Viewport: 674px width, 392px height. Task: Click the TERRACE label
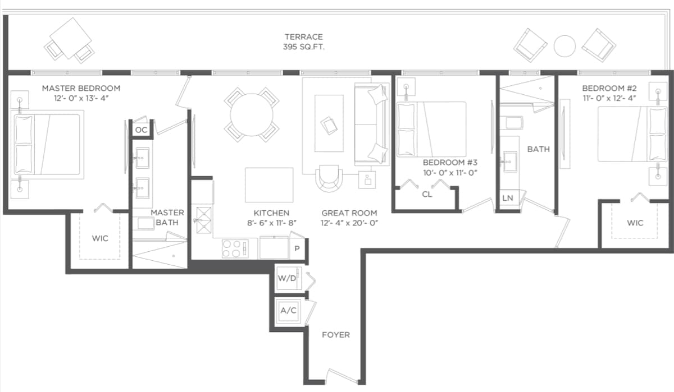click(304, 36)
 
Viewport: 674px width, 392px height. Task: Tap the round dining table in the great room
click(252, 115)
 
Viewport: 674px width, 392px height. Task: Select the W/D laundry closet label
click(287, 278)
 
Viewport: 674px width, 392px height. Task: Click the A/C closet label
click(288, 310)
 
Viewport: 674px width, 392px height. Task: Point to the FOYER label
click(336, 335)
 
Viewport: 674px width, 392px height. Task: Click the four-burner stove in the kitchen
click(235, 248)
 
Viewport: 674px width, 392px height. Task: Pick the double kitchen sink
click(204, 220)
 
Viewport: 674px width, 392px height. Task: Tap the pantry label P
click(297, 249)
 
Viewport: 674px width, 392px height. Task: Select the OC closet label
click(141, 130)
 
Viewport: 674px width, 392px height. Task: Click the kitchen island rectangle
click(269, 185)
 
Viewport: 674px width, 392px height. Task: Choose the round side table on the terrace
click(564, 46)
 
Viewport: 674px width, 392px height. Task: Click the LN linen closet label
click(508, 198)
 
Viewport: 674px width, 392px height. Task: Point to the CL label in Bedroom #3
click(427, 195)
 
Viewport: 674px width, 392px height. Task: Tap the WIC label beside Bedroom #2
click(635, 223)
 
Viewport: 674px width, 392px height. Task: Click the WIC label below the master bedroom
click(100, 238)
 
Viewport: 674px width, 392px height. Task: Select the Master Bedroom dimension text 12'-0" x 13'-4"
click(81, 98)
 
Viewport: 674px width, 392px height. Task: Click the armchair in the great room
click(329, 178)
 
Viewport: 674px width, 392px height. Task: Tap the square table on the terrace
click(71, 38)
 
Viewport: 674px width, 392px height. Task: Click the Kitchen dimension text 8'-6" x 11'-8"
click(272, 223)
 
